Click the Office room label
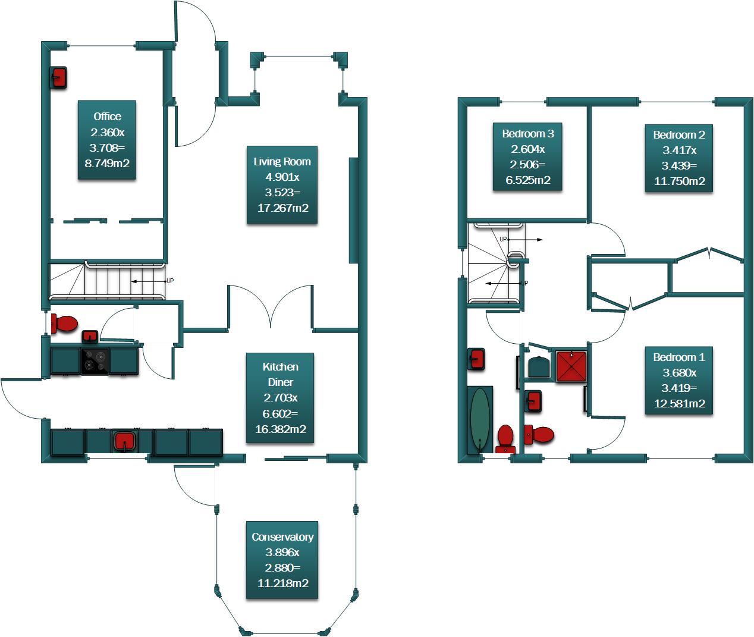click(x=107, y=140)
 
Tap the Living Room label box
click(x=282, y=184)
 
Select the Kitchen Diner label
click(x=280, y=398)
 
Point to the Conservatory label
click(x=282, y=560)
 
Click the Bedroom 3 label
click(x=527, y=157)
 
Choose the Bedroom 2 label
click(x=679, y=158)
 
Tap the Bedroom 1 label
click(x=679, y=381)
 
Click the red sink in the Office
click(x=58, y=77)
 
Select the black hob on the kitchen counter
click(x=95, y=361)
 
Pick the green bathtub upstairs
click(x=480, y=420)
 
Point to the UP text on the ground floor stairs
click(x=170, y=281)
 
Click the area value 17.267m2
click(x=282, y=208)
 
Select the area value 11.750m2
click(x=679, y=181)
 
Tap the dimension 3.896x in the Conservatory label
click(x=282, y=552)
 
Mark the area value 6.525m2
click(x=527, y=180)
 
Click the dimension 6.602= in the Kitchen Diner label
click(x=280, y=413)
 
